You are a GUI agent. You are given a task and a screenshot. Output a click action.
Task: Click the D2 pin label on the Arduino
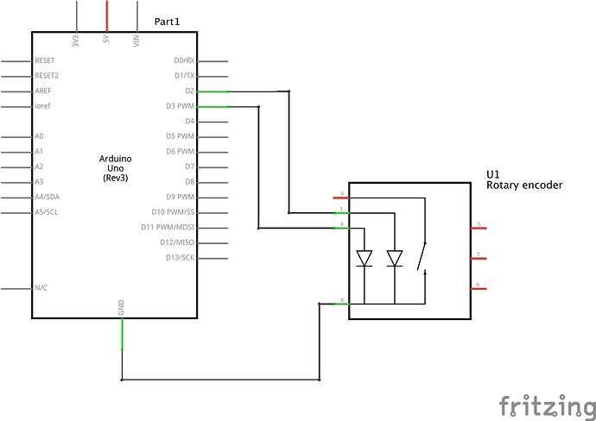pyautogui.click(x=188, y=91)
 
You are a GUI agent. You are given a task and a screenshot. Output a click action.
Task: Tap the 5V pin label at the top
pyautogui.click(x=106, y=40)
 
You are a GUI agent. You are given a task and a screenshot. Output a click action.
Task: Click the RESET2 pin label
pyautogui.click(x=47, y=76)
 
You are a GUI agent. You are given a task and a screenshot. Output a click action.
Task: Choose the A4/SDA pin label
pyautogui.click(x=47, y=198)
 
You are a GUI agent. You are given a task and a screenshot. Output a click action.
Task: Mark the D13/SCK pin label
pyautogui.click(x=181, y=258)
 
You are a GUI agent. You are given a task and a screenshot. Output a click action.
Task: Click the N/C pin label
pyautogui.click(x=41, y=288)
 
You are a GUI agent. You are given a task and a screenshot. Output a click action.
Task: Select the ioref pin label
pyautogui.click(x=41, y=106)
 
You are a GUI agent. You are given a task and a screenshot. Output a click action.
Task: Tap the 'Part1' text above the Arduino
pyautogui.click(x=168, y=20)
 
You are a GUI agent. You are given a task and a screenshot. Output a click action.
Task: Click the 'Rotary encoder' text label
pyautogui.click(x=524, y=185)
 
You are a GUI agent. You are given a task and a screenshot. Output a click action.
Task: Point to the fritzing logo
pyautogui.click(x=546, y=404)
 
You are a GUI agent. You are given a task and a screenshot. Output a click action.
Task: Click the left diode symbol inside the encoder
pyautogui.click(x=365, y=257)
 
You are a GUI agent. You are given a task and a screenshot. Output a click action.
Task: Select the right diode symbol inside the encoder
pyautogui.click(x=395, y=257)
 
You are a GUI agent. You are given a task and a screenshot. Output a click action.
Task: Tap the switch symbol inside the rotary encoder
pyautogui.click(x=422, y=257)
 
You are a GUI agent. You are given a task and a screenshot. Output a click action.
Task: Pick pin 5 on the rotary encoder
pyautogui.click(x=479, y=228)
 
